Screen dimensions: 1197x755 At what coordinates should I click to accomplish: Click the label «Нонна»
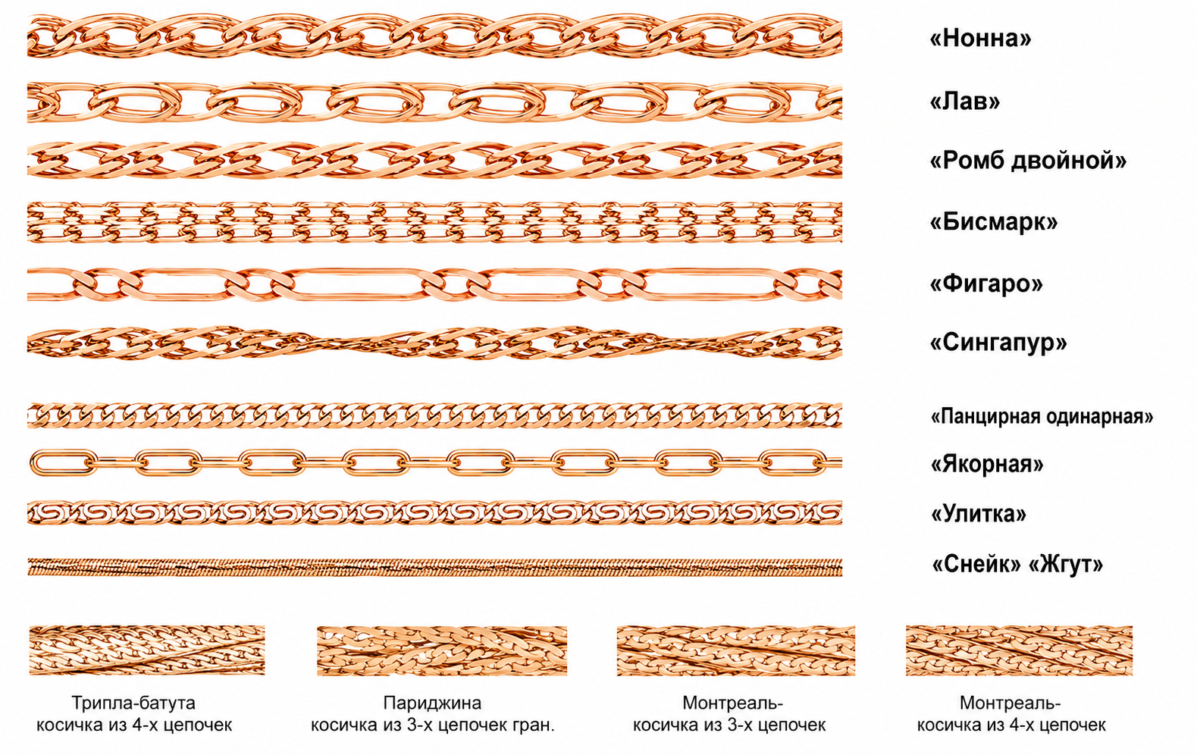pyautogui.click(x=980, y=38)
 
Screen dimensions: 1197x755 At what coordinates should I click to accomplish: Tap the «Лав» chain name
pyautogui.click(x=964, y=101)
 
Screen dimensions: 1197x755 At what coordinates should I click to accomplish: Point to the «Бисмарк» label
pyautogui.click(x=993, y=222)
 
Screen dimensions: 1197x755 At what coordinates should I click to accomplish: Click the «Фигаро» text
pyautogui.click(x=986, y=284)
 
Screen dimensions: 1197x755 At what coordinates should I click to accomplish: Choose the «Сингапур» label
pyautogui.click(x=998, y=342)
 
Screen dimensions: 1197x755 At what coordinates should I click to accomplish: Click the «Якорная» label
pyautogui.click(x=987, y=463)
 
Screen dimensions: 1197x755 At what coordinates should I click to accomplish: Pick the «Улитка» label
pyautogui.click(x=979, y=513)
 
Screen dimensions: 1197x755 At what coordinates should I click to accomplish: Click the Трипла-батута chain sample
pyautogui.click(x=147, y=650)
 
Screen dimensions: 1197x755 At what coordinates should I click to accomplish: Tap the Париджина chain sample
pyautogui.click(x=442, y=651)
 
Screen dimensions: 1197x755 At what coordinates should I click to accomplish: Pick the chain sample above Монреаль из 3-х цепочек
pyautogui.click(x=736, y=651)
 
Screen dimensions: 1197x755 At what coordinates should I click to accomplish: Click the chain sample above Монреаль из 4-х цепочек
pyautogui.click(x=1019, y=651)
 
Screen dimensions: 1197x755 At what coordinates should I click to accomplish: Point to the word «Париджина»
pyautogui.click(x=432, y=703)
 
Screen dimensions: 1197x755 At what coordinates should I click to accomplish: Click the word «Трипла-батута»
pyautogui.click(x=133, y=703)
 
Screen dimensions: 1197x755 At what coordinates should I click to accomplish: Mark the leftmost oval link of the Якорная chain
pyautogui.click(x=64, y=462)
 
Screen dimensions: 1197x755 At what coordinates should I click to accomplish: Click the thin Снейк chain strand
pyautogui.click(x=435, y=567)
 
